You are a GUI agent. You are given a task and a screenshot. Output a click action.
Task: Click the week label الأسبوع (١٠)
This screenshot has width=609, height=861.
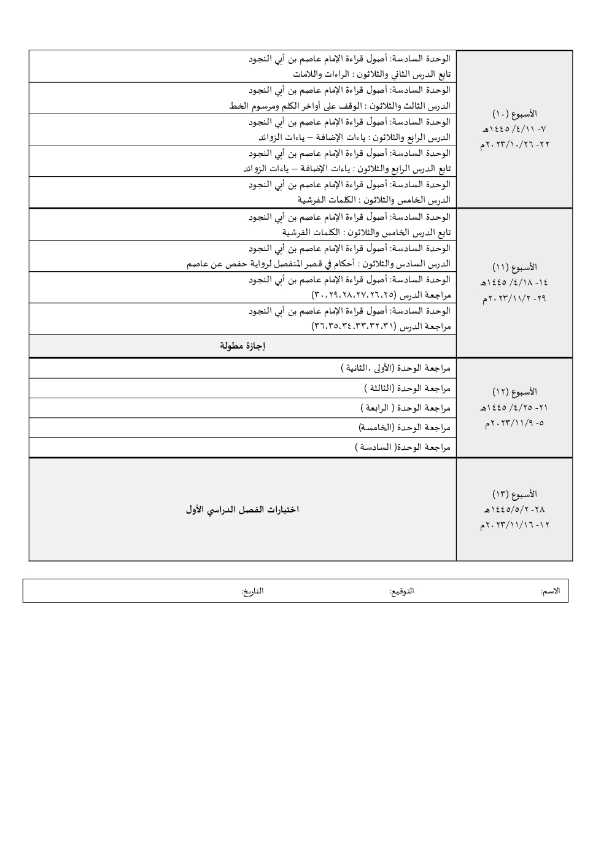tap(514, 114)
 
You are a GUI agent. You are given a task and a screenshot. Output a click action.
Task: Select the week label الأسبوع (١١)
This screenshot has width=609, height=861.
tap(514, 268)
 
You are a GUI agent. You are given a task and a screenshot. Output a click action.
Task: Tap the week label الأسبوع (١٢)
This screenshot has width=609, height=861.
tap(514, 392)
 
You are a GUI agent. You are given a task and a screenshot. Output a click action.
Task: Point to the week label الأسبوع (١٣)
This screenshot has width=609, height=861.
tap(514, 494)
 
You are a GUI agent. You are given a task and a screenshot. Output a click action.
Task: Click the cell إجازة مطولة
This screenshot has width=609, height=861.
tap(242, 346)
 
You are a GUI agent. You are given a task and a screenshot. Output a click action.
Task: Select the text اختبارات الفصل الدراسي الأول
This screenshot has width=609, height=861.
tap(242, 510)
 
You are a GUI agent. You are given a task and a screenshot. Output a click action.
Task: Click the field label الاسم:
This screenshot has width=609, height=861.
tap(550, 591)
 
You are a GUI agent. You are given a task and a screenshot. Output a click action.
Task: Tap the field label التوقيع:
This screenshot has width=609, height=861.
tap(401, 591)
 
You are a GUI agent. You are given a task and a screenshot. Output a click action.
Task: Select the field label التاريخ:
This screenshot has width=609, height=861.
tap(252, 591)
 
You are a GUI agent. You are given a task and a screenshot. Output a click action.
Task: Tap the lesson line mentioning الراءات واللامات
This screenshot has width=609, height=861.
tap(371, 74)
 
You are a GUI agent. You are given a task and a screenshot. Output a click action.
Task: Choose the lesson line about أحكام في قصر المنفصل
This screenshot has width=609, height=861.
tap(319, 264)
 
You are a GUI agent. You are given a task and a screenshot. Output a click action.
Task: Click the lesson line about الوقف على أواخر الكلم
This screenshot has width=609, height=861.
tap(340, 106)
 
